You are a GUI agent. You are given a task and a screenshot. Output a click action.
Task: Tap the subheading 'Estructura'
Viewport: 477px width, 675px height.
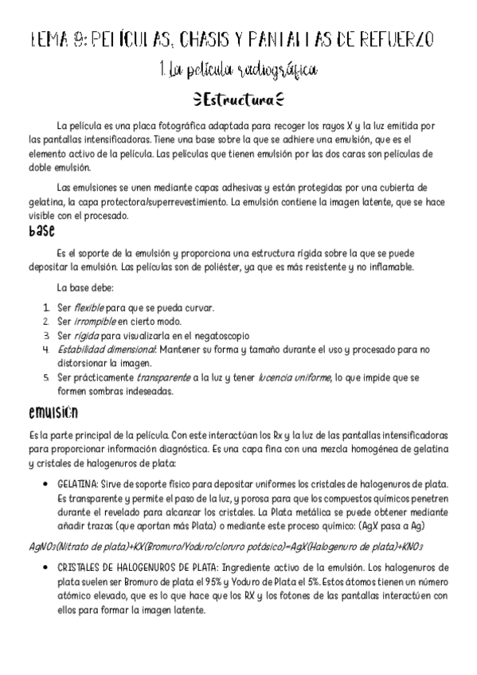click(x=239, y=101)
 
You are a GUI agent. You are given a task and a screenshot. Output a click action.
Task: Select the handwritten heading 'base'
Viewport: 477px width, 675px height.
click(x=41, y=231)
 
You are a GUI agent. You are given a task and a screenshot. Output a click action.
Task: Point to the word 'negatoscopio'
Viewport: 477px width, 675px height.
click(x=220, y=335)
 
